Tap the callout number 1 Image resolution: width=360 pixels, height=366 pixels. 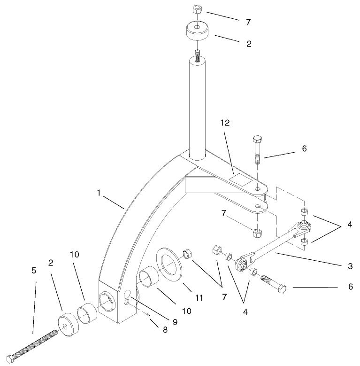pos(99,192)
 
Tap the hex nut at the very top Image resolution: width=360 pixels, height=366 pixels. pos(197,9)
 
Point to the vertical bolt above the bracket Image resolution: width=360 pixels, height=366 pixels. pos(257,150)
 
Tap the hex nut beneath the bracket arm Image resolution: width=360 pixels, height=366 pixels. pos(257,233)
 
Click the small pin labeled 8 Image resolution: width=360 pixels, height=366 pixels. pos(147,315)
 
